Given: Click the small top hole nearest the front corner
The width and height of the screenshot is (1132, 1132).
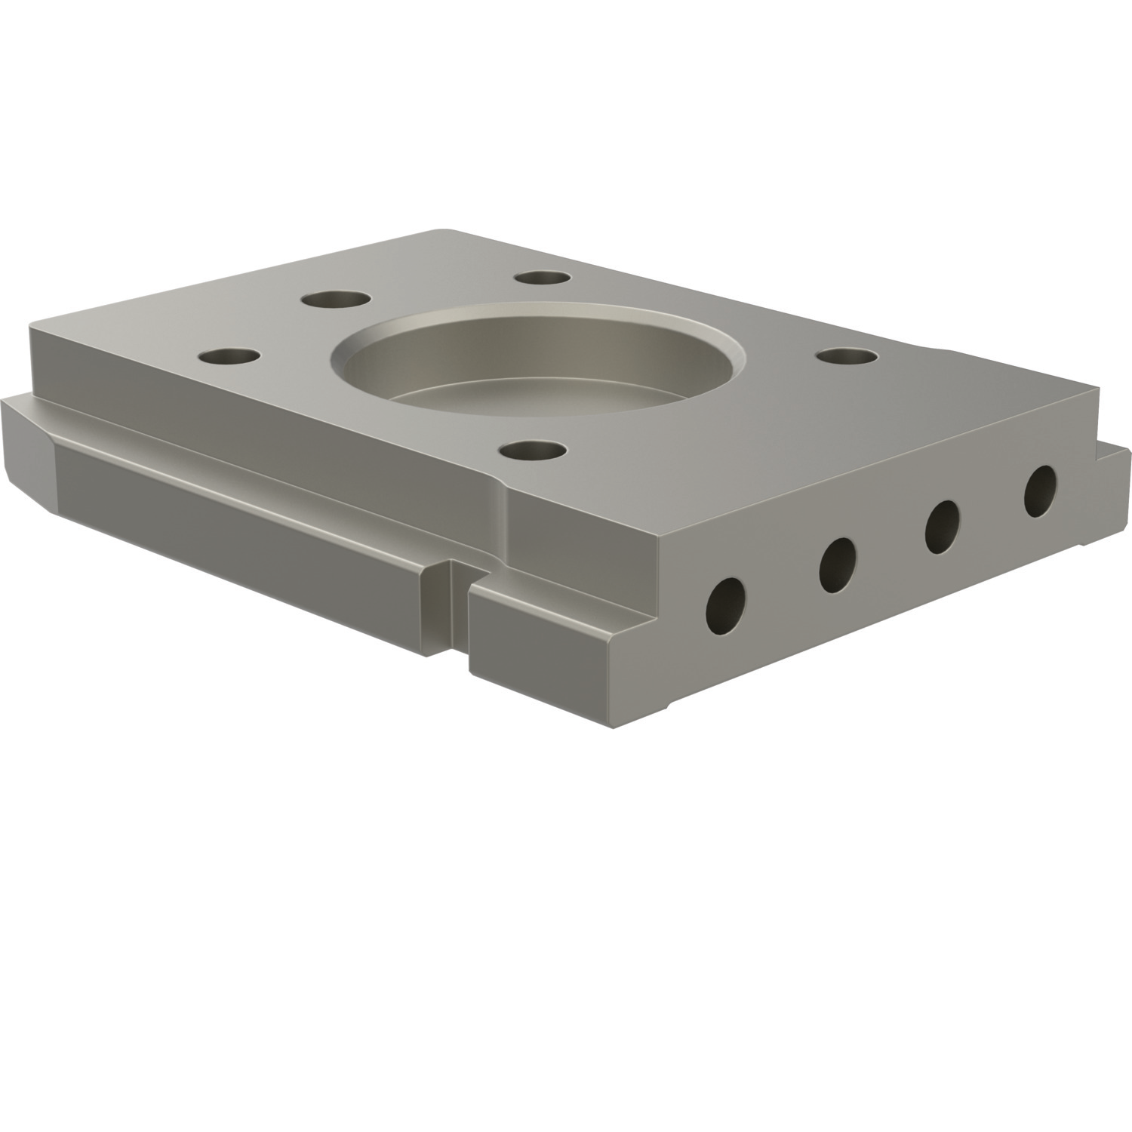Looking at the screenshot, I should pyautogui.click(x=533, y=451).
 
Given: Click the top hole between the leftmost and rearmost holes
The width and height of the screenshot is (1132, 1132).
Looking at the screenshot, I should pyautogui.click(x=336, y=300).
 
